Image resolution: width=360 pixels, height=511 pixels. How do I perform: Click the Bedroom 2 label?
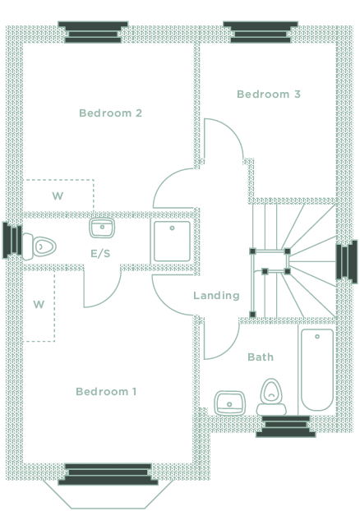tap(110, 113)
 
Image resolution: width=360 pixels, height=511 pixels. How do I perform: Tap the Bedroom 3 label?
tap(269, 94)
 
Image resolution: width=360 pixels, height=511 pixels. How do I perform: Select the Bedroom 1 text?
tap(106, 391)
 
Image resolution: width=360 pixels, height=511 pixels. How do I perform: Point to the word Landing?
tap(216, 296)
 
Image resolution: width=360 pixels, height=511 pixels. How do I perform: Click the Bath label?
tap(261, 357)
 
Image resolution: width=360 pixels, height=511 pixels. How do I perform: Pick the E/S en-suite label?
tap(100, 254)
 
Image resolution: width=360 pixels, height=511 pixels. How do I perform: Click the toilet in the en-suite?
tap(39, 246)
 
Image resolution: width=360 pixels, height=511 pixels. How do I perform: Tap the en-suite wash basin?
tap(102, 228)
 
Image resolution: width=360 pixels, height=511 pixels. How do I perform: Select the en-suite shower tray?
tap(172, 242)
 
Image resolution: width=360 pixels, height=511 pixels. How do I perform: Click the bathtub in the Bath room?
tap(317, 369)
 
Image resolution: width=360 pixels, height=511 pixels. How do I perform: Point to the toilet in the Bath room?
tap(271, 397)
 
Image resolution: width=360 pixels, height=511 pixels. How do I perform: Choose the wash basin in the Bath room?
tap(229, 403)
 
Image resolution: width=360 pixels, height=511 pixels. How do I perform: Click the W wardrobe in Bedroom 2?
tap(58, 196)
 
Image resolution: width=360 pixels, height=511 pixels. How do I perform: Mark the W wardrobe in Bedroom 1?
tap(39, 305)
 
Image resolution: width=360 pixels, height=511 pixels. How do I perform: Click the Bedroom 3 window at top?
tap(261, 32)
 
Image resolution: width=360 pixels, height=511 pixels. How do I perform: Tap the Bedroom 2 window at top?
tap(93, 32)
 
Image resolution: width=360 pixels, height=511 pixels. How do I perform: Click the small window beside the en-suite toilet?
tap(12, 241)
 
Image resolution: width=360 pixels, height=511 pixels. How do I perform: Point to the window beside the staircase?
tap(347, 262)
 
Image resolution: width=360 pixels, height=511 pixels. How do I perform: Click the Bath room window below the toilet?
tap(286, 426)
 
